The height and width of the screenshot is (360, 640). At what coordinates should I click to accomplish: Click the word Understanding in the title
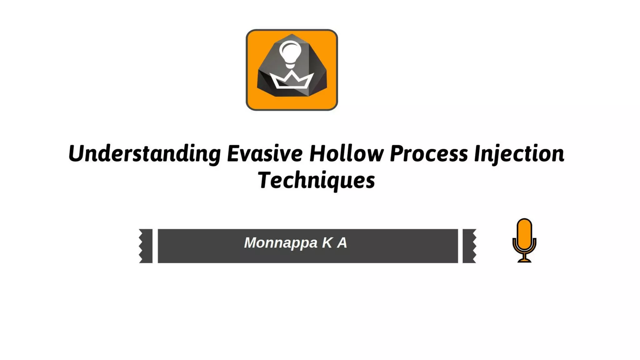(144, 154)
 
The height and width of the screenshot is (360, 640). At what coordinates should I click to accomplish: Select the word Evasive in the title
(265, 154)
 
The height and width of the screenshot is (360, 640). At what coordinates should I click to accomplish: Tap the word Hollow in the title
(346, 154)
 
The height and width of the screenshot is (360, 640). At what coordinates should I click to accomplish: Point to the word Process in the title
(429, 154)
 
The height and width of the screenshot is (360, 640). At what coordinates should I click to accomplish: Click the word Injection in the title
(519, 154)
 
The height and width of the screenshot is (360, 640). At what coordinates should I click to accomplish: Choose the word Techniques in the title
(316, 181)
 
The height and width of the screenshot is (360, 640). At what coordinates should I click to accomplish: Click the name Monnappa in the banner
(281, 243)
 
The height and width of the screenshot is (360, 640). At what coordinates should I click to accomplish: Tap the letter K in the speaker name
(327, 243)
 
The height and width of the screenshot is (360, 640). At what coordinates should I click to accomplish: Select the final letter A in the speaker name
(342, 243)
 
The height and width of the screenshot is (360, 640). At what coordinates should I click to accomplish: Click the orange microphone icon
(524, 240)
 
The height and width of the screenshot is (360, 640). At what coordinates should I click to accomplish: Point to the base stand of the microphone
(524, 260)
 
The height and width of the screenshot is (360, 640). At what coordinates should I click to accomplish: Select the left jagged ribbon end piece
(146, 246)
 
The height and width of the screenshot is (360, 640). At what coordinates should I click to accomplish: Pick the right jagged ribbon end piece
(469, 246)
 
